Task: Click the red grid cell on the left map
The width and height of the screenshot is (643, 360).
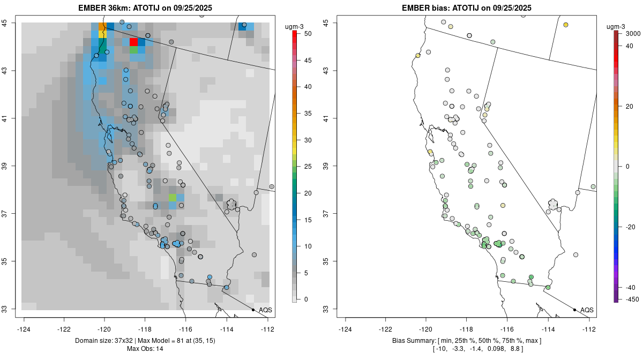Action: pos(134,42)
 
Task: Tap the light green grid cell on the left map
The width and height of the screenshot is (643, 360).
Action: pos(173,198)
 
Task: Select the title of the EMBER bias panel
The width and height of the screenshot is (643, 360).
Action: pos(466,7)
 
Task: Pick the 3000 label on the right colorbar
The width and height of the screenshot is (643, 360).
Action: pos(633,34)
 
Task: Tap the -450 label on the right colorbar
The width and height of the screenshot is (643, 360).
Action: pos(633,299)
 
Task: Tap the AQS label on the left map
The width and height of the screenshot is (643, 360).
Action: pos(265,310)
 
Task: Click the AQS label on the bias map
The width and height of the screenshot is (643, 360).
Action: pos(587,310)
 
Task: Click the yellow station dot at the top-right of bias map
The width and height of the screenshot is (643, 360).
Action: pos(566,25)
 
